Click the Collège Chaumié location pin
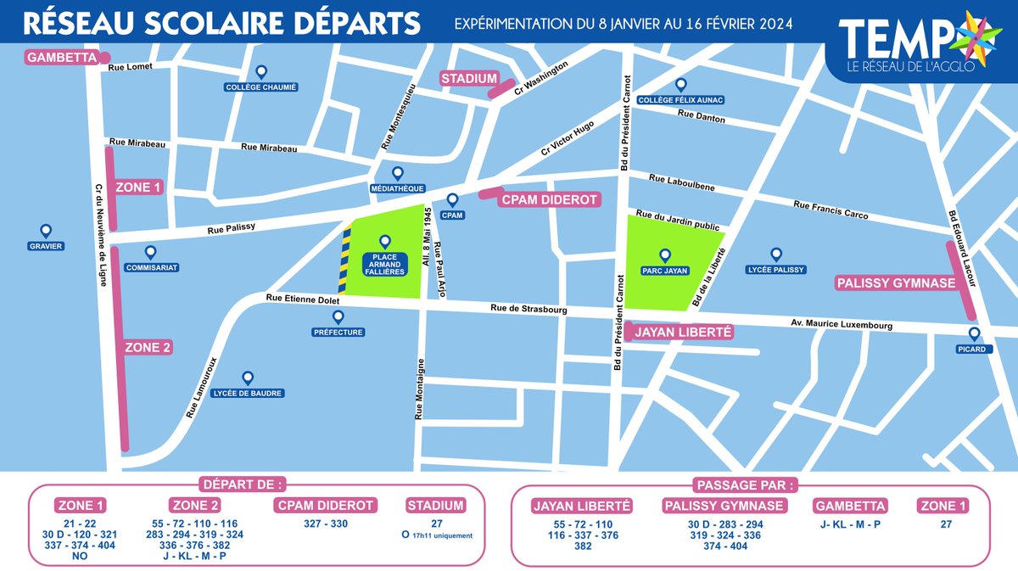[261, 73]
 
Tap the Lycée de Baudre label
[249, 393]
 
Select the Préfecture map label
[338, 332]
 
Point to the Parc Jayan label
[665, 272]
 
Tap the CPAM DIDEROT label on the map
[549, 200]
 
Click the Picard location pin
[973, 334]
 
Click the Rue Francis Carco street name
[831, 210]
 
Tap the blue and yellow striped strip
[345, 261]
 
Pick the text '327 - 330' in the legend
[326, 523]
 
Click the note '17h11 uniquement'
[440, 536]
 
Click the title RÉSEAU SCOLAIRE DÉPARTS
[222, 23]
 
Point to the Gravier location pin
[46, 231]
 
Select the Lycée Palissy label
[775, 272]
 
